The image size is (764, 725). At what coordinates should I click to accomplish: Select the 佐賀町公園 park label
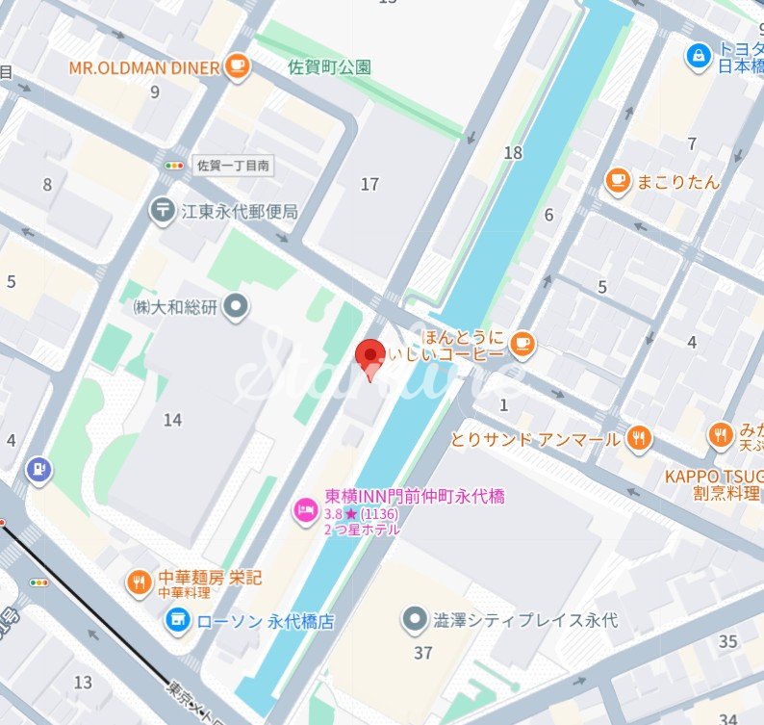point(329,67)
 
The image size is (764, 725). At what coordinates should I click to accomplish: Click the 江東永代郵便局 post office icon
point(162,211)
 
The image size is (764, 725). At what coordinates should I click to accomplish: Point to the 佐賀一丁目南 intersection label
point(232,166)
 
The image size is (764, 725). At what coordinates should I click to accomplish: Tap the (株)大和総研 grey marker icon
point(237,307)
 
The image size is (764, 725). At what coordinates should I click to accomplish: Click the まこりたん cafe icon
point(618,180)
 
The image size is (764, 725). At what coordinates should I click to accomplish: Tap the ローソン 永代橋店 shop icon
point(176,621)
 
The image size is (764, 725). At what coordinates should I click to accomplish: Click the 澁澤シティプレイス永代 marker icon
point(415,617)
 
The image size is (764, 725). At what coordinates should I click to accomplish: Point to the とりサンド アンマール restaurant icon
point(637,439)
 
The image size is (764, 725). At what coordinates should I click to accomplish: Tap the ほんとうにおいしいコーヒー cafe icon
point(522,343)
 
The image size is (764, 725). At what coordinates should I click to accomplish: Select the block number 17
point(369,184)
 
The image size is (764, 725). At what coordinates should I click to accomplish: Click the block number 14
point(172,420)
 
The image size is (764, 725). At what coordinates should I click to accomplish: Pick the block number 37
point(422,653)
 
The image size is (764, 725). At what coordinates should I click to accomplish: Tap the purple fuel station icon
point(38,470)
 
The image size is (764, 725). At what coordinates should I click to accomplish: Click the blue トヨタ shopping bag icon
point(697,56)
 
